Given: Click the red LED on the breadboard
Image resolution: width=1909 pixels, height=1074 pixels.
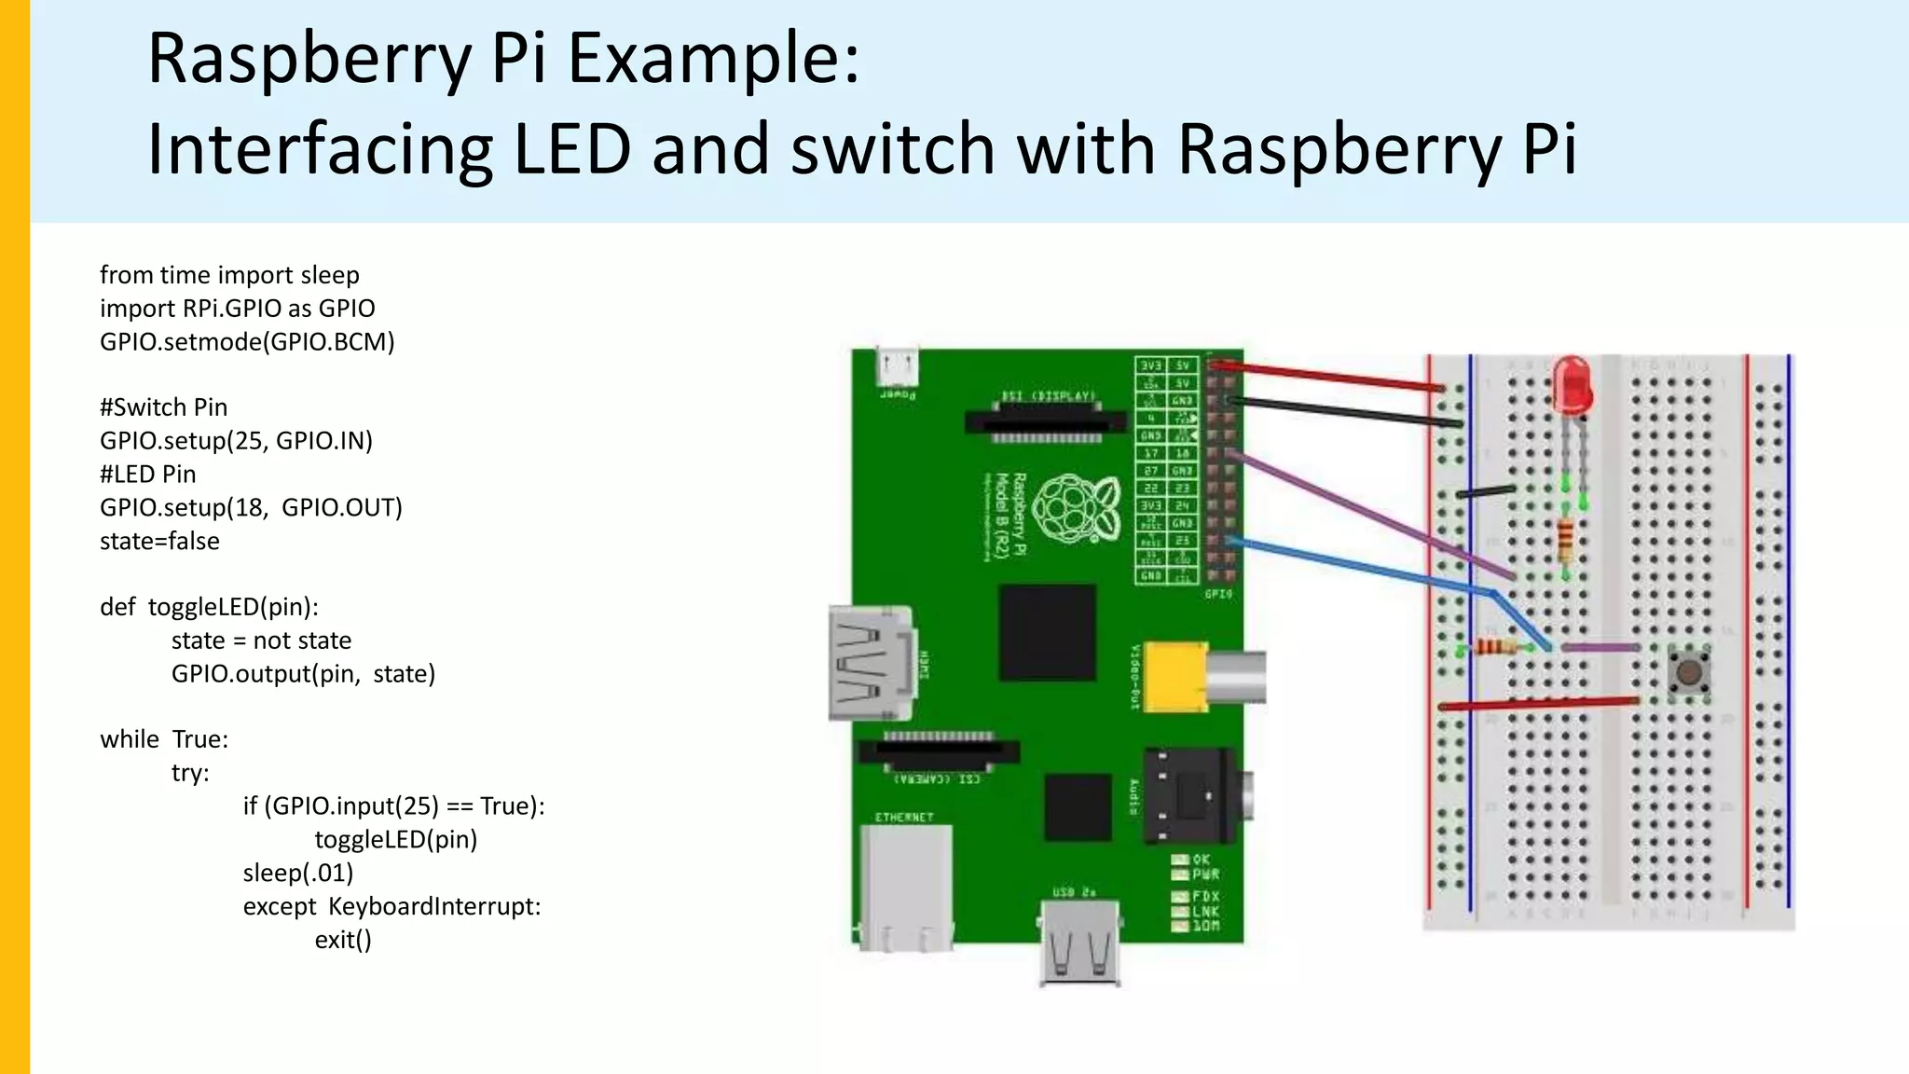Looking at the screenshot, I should [x=1573, y=386].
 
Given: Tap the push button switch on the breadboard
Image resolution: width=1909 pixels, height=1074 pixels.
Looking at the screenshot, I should [x=1688, y=671].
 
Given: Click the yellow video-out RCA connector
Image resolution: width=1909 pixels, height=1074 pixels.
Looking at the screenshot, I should [x=1176, y=676].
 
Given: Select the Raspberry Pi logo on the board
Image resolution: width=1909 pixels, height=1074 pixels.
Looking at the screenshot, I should [x=1077, y=508].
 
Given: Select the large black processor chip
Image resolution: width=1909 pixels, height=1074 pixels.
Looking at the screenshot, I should [x=1047, y=633].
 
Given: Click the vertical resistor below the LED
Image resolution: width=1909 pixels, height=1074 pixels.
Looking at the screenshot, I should [x=1565, y=538].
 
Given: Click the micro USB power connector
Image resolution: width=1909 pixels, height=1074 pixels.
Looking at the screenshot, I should [x=898, y=367].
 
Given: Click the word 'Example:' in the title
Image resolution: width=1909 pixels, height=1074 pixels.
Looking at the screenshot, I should [x=713, y=58].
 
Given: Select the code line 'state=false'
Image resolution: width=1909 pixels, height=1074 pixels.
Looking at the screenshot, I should [x=159, y=541].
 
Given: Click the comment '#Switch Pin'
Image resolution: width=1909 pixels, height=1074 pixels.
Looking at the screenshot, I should [x=163, y=407].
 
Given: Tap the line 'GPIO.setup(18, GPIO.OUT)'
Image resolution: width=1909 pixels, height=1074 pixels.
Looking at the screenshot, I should [x=251, y=507].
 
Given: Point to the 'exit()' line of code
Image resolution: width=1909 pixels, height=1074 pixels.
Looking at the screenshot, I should [x=343, y=940].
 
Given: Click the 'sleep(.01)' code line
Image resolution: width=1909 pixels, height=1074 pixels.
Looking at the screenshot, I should [x=298, y=873].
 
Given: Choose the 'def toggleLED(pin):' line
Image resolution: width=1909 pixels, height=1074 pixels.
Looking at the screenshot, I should [x=209, y=607].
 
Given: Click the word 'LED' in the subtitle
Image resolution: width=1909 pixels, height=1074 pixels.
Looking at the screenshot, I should [x=572, y=148].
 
